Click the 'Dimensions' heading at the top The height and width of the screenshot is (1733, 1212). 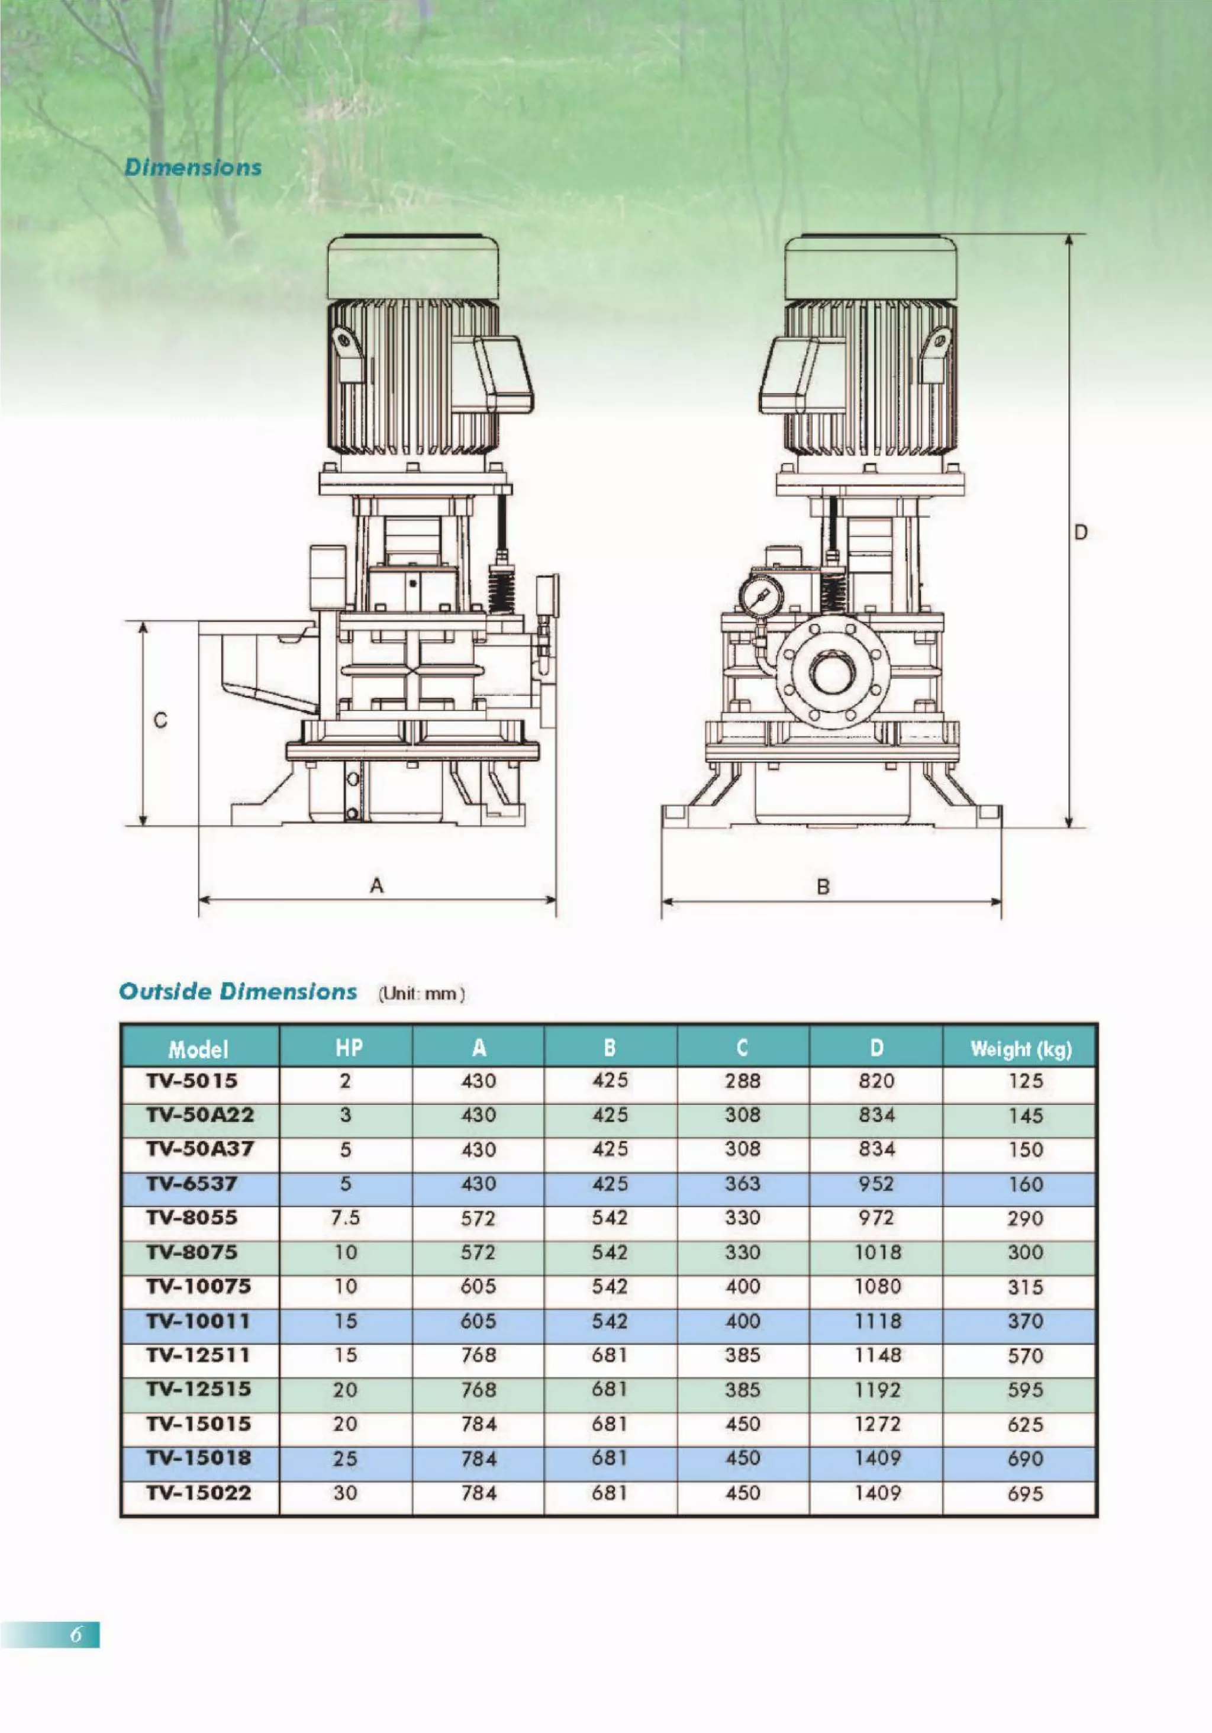point(193,167)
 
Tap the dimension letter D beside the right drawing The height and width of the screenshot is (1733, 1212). point(1081,533)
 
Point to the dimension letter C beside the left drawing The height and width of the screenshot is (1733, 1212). point(160,721)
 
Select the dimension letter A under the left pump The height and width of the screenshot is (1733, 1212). point(376,885)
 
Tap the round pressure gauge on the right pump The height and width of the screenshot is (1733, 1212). point(762,593)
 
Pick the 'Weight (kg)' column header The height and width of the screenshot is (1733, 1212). point(1020,1049)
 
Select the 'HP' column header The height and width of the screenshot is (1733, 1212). point(348,1048)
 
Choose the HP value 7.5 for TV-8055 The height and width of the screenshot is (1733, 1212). point(346,1218)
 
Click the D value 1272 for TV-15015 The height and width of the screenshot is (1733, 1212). point(877,1424)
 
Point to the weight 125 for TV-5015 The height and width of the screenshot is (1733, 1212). point(1026,1081)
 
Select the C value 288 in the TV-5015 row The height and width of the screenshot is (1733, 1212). point(743,1081)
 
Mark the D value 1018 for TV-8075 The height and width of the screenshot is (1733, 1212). point(877,1253)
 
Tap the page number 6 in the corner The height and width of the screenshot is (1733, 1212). point(76,1635)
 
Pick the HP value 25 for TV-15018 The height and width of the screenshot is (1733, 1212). point(345,1459)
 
